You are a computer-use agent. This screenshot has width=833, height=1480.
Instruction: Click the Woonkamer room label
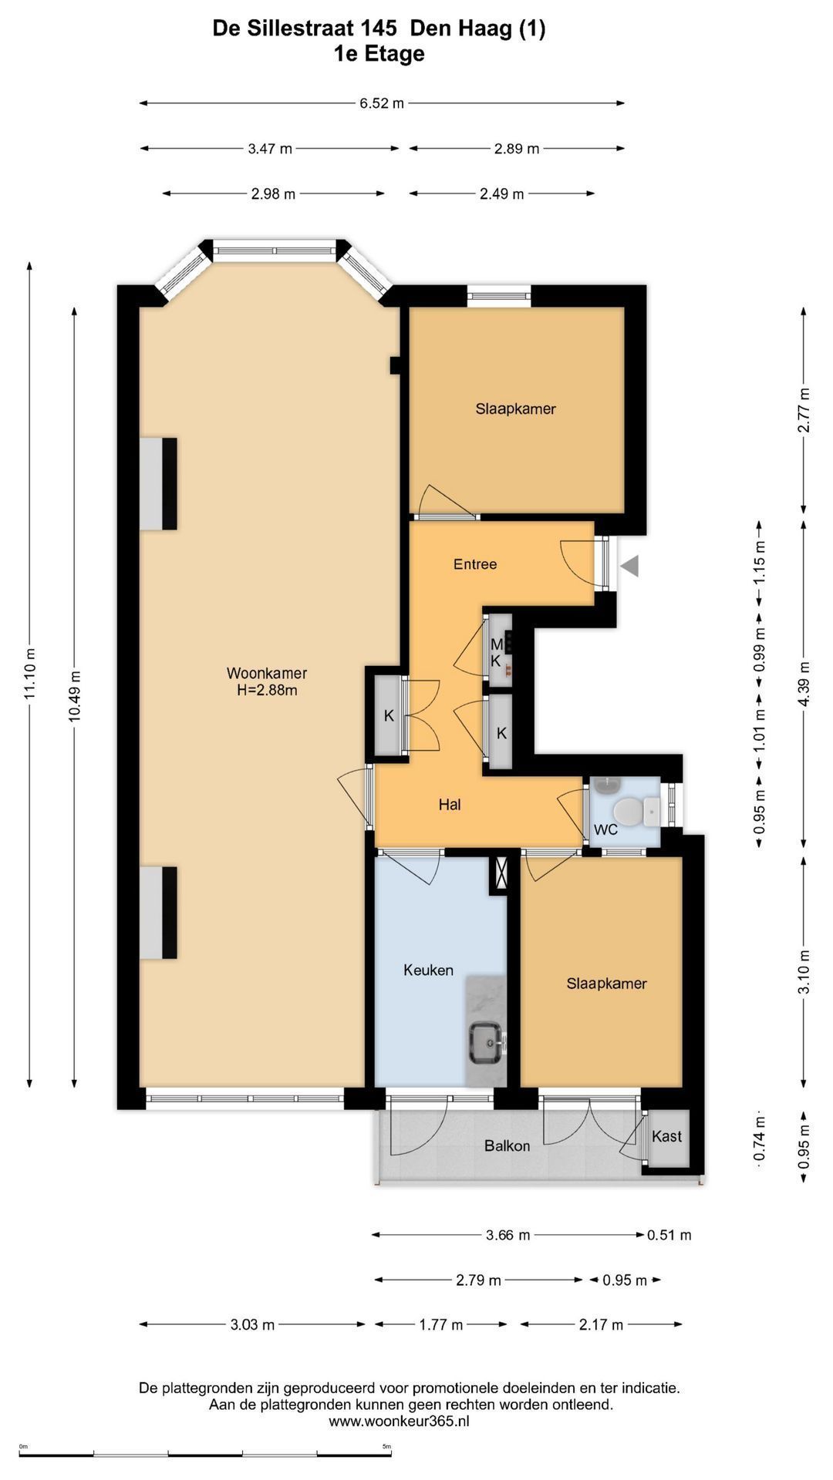coord(267,673)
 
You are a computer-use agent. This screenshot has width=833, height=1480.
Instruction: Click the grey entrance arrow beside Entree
coord(630,567)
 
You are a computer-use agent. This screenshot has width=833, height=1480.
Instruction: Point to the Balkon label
coord(507,1146)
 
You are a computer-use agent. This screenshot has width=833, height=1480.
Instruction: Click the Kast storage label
coord(666,1136)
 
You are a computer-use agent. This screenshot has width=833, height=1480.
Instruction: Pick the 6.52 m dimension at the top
coord(382,103)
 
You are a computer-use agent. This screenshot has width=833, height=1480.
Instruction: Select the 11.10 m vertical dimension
coord(30,674)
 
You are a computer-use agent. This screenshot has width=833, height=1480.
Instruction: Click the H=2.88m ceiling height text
coord(267,691)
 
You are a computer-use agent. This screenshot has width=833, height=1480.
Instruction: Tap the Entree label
coord(475,564)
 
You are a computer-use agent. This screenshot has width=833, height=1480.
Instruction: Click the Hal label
coord(450,805)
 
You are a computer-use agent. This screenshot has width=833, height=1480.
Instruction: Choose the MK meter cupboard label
coord(497,652)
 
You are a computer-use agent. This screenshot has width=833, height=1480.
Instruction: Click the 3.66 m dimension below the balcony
coord(508,1235)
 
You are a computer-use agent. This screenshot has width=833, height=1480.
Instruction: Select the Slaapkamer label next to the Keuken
coord(606,984)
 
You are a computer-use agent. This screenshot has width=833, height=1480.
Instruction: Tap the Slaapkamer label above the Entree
coord(515,409)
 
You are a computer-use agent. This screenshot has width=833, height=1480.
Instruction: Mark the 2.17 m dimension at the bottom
coord(601,1325)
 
